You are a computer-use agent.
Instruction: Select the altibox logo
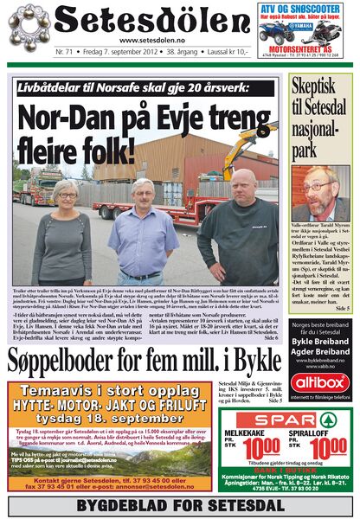pos(320,381)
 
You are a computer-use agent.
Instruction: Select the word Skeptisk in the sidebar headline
pos(318,88)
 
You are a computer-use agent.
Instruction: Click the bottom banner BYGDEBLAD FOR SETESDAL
pos(179,505)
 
